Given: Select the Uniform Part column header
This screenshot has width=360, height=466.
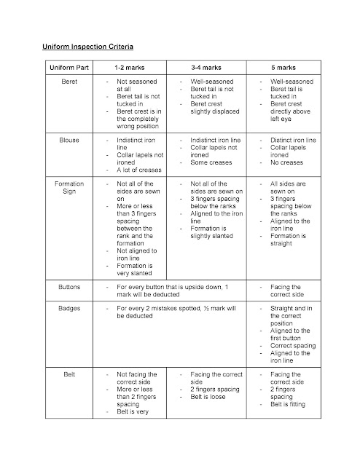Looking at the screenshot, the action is click(70, 67).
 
